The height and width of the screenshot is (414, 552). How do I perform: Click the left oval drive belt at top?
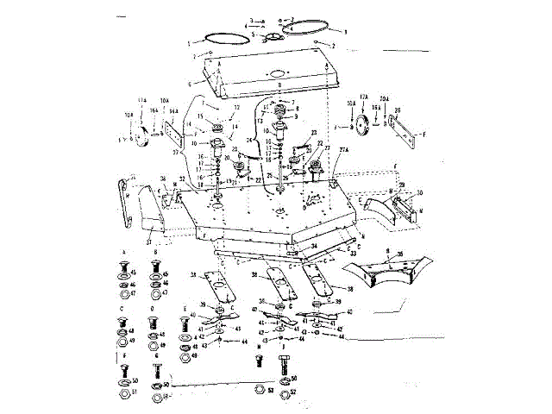click(220, 38)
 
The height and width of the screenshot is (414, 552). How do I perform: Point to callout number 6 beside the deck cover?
click(201, 84)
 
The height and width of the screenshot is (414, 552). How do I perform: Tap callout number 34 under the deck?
click(315, 246)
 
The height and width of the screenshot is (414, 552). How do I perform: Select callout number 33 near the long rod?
click(353, 254)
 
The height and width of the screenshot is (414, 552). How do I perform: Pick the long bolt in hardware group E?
click(184, 329)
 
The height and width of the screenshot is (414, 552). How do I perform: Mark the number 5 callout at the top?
click(266, 34)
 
